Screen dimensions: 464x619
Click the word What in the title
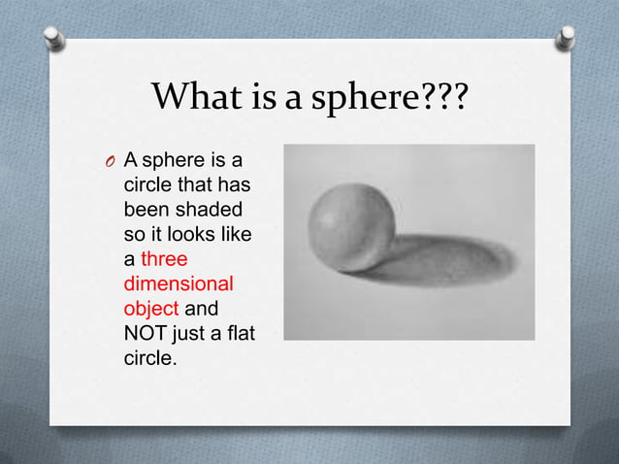coord(190,96)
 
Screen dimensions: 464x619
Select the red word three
coord(164,260)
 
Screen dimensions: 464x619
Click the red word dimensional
coord(179,285)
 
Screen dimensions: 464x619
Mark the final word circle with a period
coord(152,360)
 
